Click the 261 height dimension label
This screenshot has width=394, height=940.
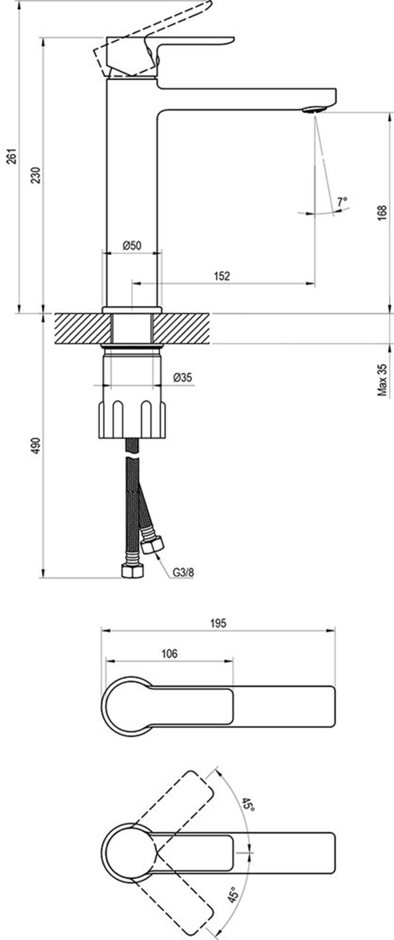tap(13, 156)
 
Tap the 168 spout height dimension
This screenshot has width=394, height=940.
tap(382, 213)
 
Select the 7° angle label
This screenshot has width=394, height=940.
tap(342, 202)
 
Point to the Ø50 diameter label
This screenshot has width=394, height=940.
tap(132, 246)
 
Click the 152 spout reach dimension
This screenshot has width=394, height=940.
tap(222, 276)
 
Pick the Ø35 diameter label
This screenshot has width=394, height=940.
tap(183, 378)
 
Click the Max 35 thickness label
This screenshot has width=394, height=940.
tap(382, 380)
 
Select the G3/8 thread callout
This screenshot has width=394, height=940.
tap(184, 572)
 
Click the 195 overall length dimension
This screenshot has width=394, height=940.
tap(218, 623)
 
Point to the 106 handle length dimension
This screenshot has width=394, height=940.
tap(169, 654)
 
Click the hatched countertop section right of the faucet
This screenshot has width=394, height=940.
tap(182, 329)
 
